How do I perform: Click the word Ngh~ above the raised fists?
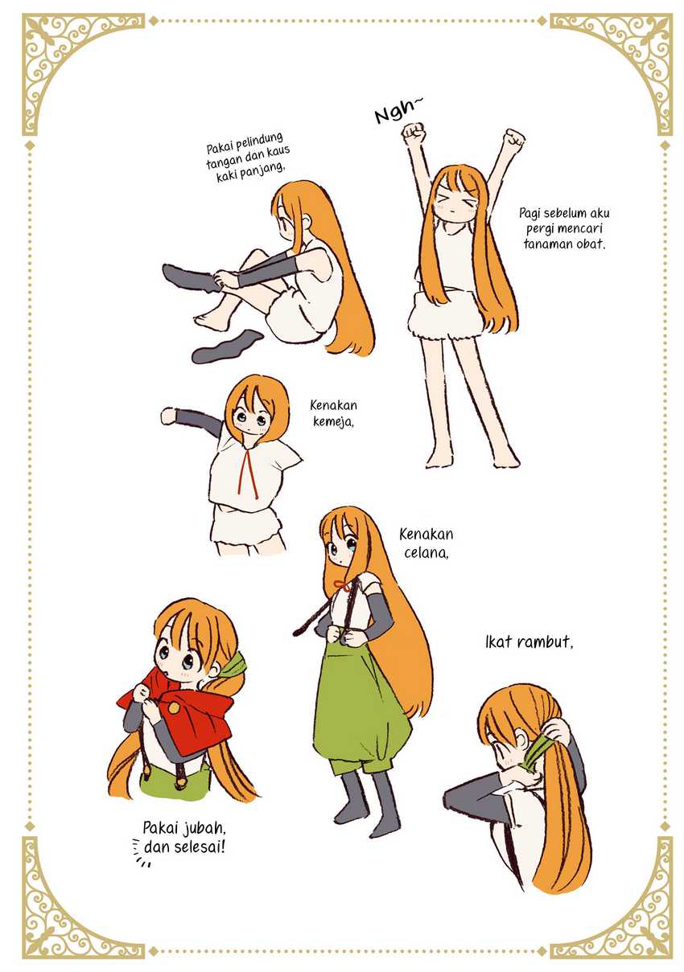pyautogui.click(x=398, y=111)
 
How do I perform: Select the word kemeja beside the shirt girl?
pyautogui.click(x=333, y=422)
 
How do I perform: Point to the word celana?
pyautogui.click(x=426, y=553)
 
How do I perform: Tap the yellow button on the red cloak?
pyautogui.click(x=174, y=708)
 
